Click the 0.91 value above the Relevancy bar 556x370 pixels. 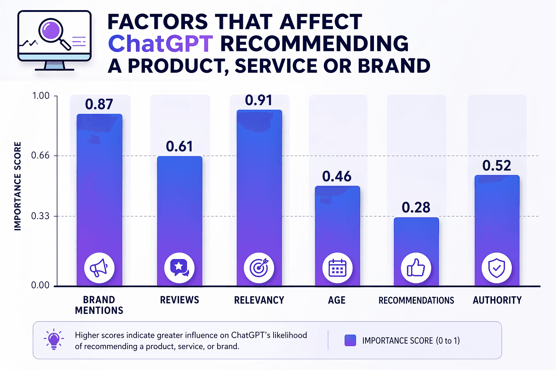click(258, 100)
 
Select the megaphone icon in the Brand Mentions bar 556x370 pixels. click(99, 268)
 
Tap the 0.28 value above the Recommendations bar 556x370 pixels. click(416, 207)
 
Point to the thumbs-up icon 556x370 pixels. click(416, 268)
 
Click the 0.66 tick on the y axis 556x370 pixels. click(40, 155)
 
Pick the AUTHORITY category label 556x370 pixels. click(497, 300)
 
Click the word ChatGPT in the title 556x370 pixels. click(160, 44)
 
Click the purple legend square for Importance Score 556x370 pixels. click(350, 340)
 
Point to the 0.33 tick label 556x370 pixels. click(40, 216)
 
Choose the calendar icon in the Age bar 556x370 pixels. click(337, 268)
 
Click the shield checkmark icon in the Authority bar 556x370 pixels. click(497, 268)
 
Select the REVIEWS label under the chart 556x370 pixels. click(180, 300)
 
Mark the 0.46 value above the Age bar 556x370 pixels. click(337, 176)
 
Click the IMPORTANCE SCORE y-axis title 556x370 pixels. click(17, 186)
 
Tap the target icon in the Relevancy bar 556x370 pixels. click(259, 268)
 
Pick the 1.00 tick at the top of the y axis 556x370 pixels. click(41, 96)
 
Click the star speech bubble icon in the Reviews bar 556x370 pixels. click(180, 268)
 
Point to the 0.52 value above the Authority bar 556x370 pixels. click(497, 165)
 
